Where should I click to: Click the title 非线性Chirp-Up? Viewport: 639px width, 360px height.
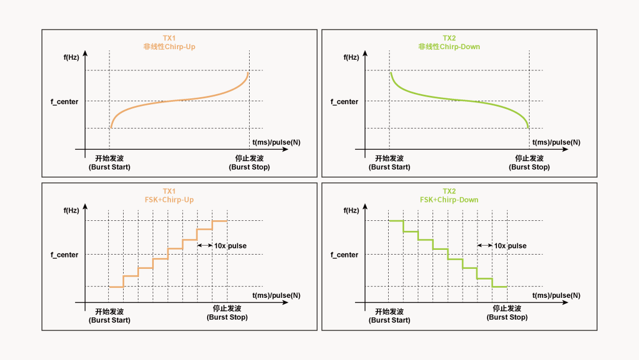coord(169,47)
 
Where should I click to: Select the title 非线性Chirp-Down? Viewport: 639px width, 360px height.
coord(449,47)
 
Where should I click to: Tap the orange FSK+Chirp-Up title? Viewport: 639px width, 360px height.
coord(169,200)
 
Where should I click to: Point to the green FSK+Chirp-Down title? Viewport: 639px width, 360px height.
coord(449,200)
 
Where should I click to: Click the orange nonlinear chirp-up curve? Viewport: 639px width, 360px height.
coord(177,101)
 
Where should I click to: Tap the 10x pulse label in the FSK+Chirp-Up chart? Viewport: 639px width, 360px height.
coord(230,246)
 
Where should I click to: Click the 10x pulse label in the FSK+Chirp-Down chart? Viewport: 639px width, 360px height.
coord(510,246)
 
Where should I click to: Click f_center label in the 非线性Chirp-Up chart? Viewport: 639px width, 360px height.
coord(64,102)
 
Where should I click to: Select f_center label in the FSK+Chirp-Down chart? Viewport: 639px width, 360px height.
coord(344,255)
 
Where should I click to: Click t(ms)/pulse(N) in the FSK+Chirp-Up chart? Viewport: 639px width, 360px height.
coord(276,295)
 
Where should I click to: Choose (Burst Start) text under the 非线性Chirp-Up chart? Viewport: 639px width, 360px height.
coord(109,167)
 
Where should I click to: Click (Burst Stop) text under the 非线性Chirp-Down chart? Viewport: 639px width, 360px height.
coord(530,167)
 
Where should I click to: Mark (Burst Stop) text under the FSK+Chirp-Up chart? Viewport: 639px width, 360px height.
coord(227,317)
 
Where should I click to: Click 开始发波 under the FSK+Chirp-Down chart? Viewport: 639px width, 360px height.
coord(389,311)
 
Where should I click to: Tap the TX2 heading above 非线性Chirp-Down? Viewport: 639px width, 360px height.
coord(449,38)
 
